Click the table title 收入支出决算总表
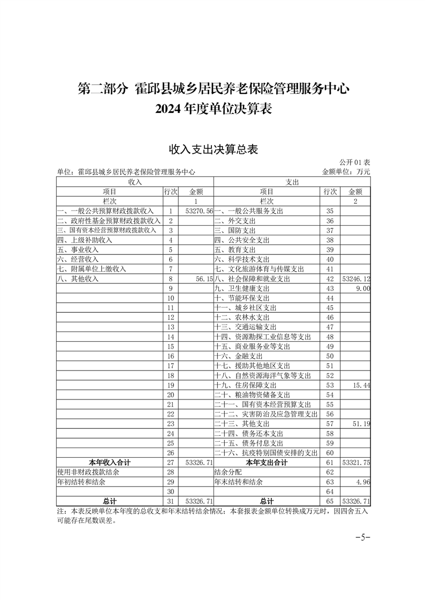click(x=213, y=149)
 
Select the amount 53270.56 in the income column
click(x=198, y=211)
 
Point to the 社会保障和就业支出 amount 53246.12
click(x=355, y=279)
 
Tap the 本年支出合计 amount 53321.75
click(x=355, y=462)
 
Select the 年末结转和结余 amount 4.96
click(x=363, y=481)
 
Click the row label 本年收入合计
click(x=110, y=462)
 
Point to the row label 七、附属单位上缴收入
click(x=92, y=269)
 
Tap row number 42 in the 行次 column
click(x=330, y=279)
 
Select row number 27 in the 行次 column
click(x=171, y=462)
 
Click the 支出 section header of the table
click(x=292, y=182)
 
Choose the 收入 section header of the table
click(x=135, y=182)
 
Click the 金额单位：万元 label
click(x=346, y=172)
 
